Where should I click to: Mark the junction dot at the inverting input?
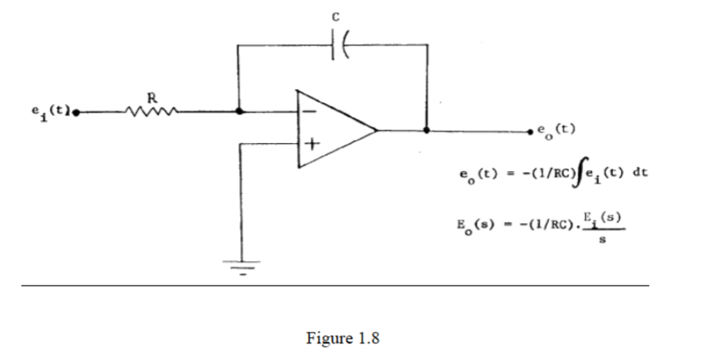pyautogui.click(x=239, y=112)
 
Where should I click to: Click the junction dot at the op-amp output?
pyautogui.click(x=427, y=130)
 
